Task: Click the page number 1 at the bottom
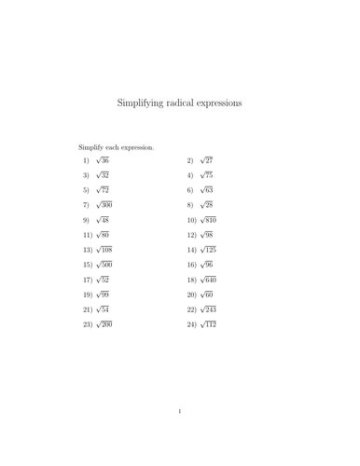click(179, 435)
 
